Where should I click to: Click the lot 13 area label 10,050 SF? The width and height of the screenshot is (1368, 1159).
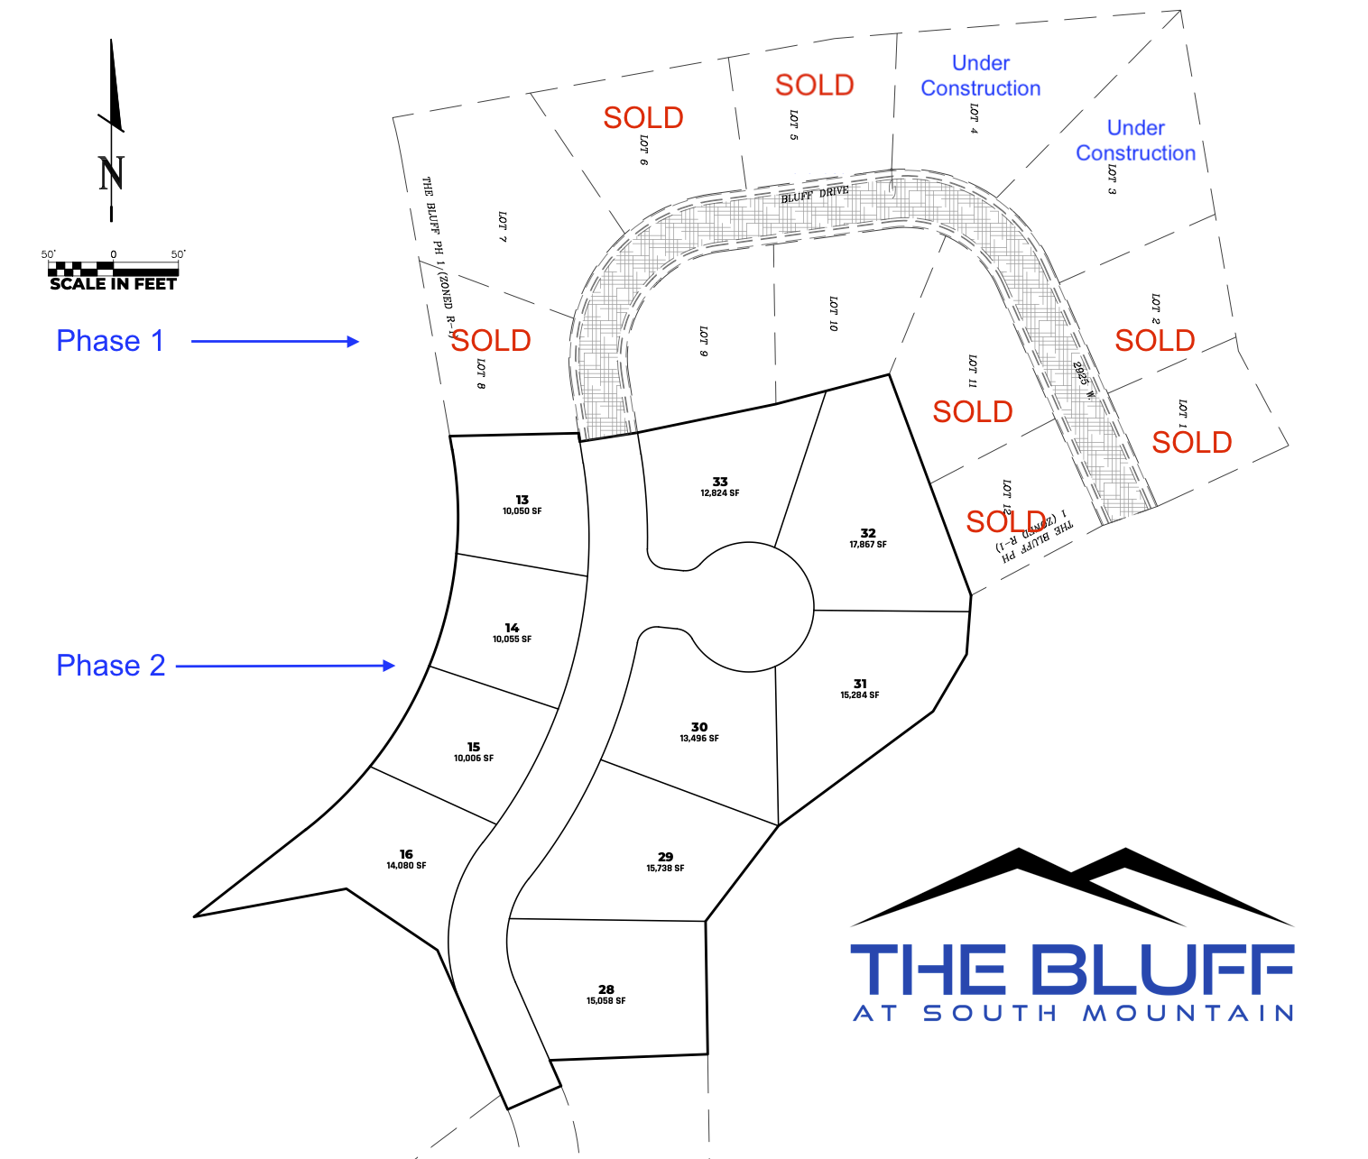(x=522, y=511)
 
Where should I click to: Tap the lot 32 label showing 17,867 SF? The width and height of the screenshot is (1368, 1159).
(x=868, y=544)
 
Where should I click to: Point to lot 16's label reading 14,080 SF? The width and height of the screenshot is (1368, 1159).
(x=406, y=865)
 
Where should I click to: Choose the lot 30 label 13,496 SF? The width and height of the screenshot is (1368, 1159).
(x=699, y=738)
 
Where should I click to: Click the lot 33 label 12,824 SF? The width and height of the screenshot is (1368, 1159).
(x=720, y=492)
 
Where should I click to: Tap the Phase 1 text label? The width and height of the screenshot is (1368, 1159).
(x=110, y=341)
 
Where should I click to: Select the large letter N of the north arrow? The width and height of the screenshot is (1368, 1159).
(x=111, y=173)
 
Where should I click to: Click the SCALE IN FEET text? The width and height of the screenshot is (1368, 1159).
(x=113, y=283)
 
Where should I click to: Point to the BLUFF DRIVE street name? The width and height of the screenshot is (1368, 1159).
(x=815, y=194)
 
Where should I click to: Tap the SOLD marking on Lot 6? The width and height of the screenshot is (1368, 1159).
(x=643, y=117)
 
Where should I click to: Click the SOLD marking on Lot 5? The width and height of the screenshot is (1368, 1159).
(x=815, y=85)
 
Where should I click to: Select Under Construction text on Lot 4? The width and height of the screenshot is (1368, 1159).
(x=980, y=76)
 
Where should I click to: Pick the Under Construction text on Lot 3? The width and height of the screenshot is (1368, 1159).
(x=1135, y=141)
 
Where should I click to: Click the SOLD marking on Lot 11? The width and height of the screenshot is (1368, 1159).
(x=973, y=411)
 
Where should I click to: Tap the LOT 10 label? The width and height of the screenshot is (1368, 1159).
(x=833, y=313)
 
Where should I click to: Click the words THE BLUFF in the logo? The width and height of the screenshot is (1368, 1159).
(x=1072, y=970)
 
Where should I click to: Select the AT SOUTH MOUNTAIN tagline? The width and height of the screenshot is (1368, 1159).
(x=1073, y=1014)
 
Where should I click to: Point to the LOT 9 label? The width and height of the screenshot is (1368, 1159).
(x=703, y=341)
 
